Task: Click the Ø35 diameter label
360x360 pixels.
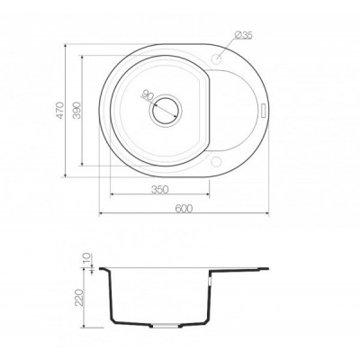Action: point(243,35)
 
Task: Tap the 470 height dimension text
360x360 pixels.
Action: point(60,111)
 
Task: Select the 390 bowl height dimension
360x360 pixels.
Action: point(76,110)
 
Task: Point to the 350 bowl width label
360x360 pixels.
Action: point(160,190)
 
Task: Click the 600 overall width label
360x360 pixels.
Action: point(184,208)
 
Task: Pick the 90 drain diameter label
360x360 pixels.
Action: point(148,94)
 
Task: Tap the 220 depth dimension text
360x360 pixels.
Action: point(78,297)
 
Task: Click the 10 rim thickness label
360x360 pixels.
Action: point(86,257)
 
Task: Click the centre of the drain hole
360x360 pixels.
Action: point(166,111)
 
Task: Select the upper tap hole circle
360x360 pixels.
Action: point(216,58)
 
